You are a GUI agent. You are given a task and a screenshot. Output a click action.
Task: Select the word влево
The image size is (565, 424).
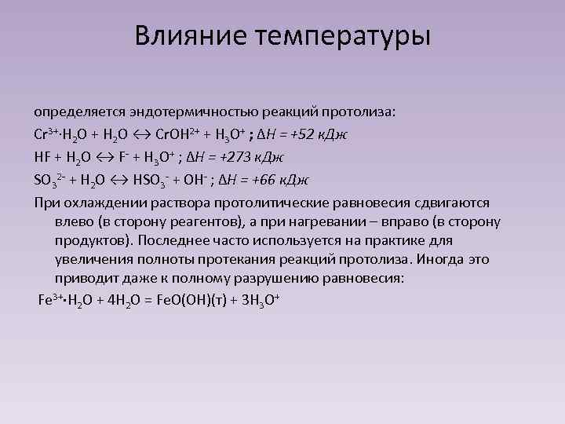[75, 221]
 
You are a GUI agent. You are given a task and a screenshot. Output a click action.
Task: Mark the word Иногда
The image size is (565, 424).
[455, 259]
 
